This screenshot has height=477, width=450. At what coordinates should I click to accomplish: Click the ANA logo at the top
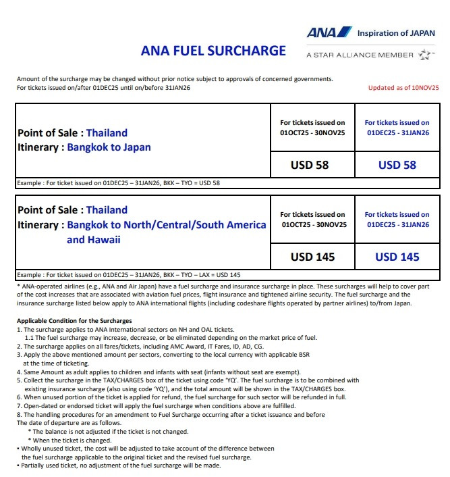329,32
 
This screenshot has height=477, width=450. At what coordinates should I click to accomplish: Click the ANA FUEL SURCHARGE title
213,51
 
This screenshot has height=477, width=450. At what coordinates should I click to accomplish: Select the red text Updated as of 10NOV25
403,88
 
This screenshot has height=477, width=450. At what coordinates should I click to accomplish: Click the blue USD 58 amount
397,165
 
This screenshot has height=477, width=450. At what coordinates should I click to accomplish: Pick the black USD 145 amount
312,257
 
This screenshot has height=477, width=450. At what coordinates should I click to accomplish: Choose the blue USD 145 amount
397,257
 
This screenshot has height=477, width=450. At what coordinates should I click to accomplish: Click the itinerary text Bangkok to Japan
109,147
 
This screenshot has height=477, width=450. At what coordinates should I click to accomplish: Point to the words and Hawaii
93,239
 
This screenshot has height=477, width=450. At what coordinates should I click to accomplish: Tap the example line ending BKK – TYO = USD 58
119,183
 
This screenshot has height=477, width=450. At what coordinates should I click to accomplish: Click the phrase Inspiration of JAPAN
396,32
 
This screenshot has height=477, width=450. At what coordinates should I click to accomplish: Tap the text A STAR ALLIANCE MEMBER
360,55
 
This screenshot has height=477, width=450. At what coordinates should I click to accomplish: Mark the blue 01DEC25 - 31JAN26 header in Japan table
397,133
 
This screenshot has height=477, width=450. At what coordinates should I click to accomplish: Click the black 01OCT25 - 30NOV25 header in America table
312,224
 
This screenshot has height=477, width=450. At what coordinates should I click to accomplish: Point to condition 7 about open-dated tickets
157,406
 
